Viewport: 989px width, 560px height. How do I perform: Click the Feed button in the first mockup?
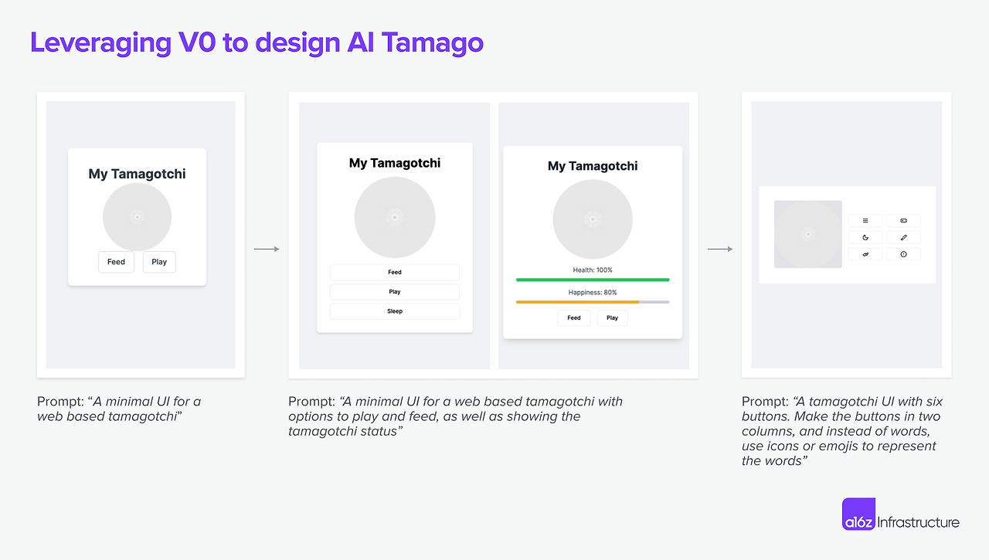(x=116, y=262)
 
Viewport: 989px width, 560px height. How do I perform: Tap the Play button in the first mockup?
(x=159, y=262)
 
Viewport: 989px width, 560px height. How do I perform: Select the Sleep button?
(x=395, y=311)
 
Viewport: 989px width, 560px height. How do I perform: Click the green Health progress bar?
(x=593, y=280)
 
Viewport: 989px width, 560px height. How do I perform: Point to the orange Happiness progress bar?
(x=578, y=302)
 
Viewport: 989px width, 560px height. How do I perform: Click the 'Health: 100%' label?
(x=593, y=270)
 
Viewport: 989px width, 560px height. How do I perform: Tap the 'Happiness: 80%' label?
(x=593, y=292)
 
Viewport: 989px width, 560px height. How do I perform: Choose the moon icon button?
(x=865, y=237)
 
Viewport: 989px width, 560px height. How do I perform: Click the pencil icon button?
(x=903, y=237)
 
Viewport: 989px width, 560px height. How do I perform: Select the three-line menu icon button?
(x=865, y=221)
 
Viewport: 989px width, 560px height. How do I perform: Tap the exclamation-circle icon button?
(x=903, y=254)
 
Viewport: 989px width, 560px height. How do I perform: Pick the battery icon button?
(x=903, y=221)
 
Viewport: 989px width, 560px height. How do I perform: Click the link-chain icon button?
(x=865, y=254)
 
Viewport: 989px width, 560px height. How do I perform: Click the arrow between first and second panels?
(x=267, y=249)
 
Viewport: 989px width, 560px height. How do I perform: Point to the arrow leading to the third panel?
(x=720, y=249)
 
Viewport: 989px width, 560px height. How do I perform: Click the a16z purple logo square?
(x=858, y=514)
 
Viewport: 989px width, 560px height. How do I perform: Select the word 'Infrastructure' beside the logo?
(x=919, y=522)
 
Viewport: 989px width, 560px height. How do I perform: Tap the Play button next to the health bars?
(x=612, y=317)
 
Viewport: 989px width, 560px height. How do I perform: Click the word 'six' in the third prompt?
(x=933, y=402)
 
